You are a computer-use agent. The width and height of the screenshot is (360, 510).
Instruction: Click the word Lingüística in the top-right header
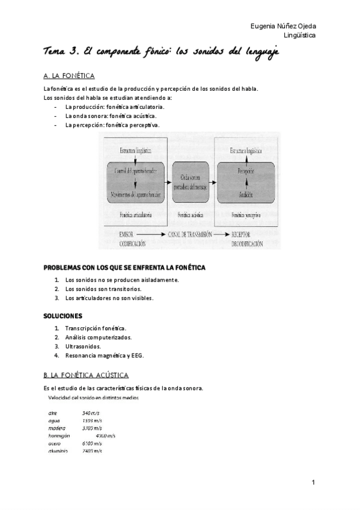click(x=300, y=35)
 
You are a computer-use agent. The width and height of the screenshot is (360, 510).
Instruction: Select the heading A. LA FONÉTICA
click(x=69, y=76)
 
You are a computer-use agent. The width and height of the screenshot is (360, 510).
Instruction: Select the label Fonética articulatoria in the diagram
click(x=135, y=215)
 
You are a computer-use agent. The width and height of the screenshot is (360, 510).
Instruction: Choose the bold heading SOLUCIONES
click(x=63, y=315)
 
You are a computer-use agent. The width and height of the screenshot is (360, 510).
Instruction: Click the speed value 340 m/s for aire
click(x=91, y=413)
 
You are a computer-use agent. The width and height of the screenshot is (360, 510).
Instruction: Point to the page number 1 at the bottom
click(x=313, y=482)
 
